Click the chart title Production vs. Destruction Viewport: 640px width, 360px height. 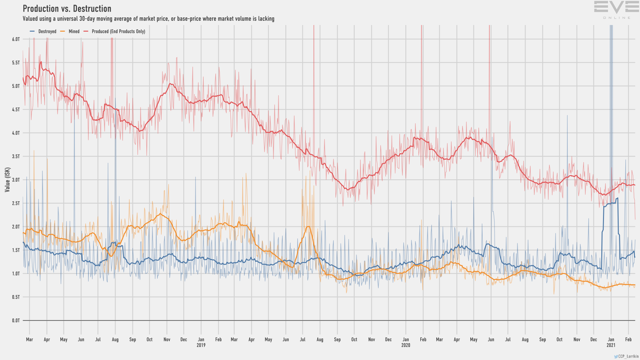(x=67, y=9)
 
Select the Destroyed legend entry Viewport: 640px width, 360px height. (x=47, y=31)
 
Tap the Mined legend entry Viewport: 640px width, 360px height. (x=74, y=31)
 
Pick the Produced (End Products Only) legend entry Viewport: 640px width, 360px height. (x=118, y=31)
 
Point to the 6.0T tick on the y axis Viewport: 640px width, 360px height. (x=16, y=39)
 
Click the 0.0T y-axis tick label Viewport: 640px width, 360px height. (x=16, y=321)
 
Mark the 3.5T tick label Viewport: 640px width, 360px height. (x=16, y=156)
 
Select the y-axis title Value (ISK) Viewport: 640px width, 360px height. (x=7, y=180)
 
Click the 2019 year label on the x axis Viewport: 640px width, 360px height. (x=201, y=345)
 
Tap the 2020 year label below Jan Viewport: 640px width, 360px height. (x=406, y=345)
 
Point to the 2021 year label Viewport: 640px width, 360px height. (x=611, y=345)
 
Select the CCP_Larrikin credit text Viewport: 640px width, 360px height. (x=628, y=356)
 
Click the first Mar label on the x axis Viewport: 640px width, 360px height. (x=30, y=340)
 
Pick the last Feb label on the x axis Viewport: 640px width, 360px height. (x=628, y=340)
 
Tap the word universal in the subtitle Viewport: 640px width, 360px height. (x=67, y=19)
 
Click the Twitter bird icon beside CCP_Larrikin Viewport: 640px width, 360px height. (x=616, y=356)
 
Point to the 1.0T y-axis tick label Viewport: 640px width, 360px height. (x=16, y=274)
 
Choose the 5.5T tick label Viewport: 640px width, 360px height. (x=16, y=63)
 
